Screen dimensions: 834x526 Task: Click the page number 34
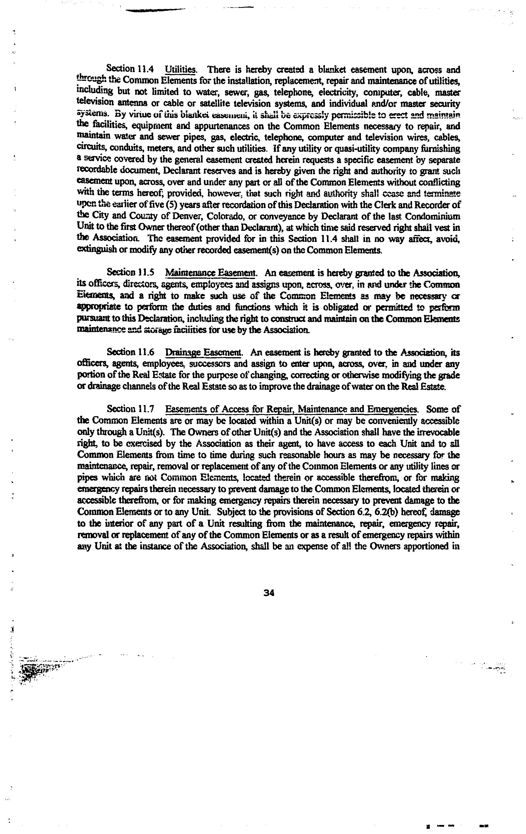269,593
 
